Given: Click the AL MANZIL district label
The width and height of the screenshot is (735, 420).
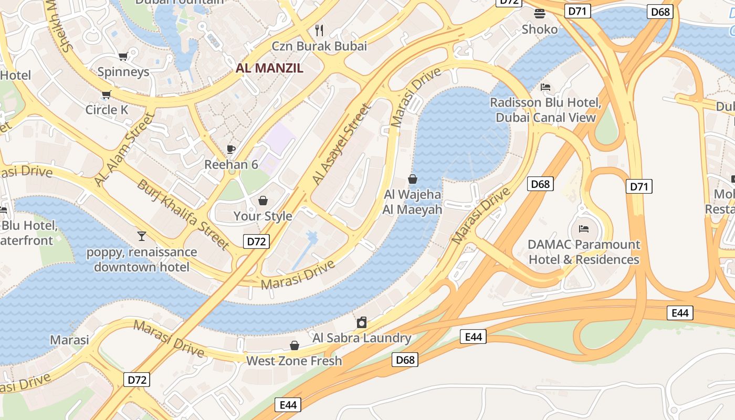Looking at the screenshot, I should point(269,68).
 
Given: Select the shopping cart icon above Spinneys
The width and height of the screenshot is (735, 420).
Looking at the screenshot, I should point(123,56).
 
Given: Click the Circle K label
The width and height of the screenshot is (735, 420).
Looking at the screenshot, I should point(107,110).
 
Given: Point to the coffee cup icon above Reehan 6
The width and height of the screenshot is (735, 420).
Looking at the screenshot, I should point(230,149).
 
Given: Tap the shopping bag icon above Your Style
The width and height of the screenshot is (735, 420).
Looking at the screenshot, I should point(263,201).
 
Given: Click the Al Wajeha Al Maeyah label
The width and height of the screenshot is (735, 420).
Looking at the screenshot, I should point(413,202).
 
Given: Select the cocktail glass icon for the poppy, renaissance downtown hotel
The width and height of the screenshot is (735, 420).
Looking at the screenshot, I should point(142,236).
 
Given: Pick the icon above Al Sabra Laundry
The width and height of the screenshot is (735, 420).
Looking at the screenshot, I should point(362,322).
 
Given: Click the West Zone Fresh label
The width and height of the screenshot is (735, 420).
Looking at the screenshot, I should point(294,361).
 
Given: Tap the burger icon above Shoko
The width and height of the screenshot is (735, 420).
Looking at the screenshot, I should point(540,14).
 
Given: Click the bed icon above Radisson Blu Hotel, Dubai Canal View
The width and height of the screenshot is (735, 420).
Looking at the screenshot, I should point(545,87).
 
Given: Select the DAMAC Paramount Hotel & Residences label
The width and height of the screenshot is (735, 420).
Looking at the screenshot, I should point(584,252).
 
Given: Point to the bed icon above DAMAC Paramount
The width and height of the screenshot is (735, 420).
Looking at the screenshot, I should point(583,228).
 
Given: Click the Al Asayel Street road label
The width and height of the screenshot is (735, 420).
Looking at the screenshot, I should point(342,144).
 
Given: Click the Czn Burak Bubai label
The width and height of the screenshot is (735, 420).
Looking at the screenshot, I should point(319,46).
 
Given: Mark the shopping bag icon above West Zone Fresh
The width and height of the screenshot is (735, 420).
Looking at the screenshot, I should point(294,345).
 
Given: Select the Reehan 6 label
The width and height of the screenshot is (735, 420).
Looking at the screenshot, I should point(231,164).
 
